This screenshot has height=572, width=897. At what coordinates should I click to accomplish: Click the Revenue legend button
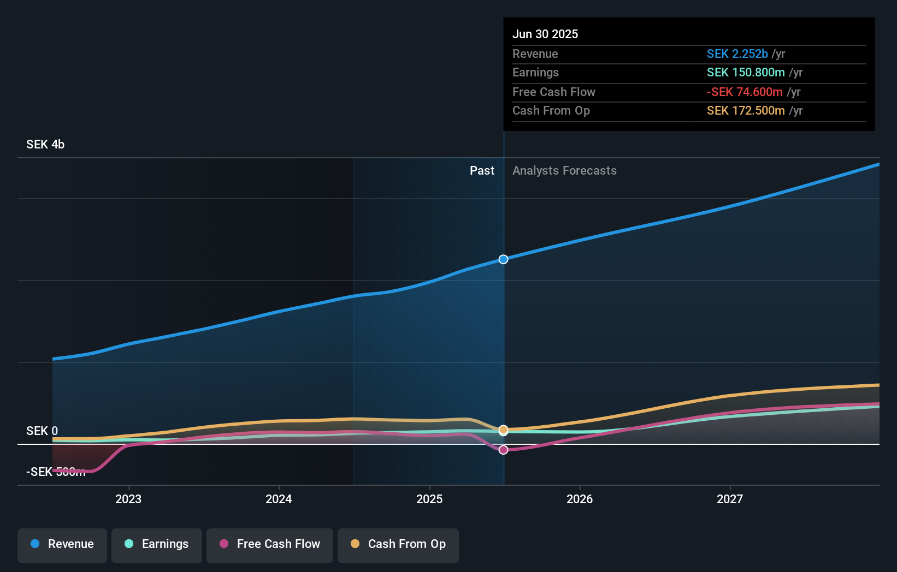coord(62,544)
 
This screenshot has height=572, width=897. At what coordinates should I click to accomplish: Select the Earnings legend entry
coord(157,544)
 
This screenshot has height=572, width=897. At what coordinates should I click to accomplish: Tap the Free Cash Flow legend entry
coord(270,544)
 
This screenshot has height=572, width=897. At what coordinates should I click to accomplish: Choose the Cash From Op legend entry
coord(398,544)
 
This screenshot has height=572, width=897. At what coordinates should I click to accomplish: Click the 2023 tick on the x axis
coord(128,499)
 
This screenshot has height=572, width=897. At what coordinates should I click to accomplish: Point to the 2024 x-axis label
coord(279,499)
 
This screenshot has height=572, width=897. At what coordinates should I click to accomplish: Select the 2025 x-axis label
coord(429,499)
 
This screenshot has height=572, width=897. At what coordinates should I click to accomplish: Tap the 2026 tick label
coord(580,499)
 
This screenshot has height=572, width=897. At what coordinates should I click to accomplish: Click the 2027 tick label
coord(730,499)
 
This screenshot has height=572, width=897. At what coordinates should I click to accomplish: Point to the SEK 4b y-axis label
coord(45,145)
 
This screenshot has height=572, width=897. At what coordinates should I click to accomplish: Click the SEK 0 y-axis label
coord(42,431)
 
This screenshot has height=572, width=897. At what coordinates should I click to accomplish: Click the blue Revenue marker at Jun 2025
coord(504,259)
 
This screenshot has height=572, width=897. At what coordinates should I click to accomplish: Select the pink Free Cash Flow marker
coord(504,450)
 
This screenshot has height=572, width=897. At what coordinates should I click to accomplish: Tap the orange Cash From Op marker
coord(504,430)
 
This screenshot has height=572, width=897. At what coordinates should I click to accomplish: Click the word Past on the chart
coord(482,171)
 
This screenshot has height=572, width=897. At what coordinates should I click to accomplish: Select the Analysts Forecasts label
coord(564,171)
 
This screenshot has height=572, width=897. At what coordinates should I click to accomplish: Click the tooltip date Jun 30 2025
coord(545,34)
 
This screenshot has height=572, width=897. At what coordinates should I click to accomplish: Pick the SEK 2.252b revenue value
coord(737,54)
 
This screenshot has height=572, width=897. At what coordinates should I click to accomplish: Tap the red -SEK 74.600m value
coord(745,92)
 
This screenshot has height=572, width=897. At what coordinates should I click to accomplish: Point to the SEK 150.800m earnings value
coord(746,73)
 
